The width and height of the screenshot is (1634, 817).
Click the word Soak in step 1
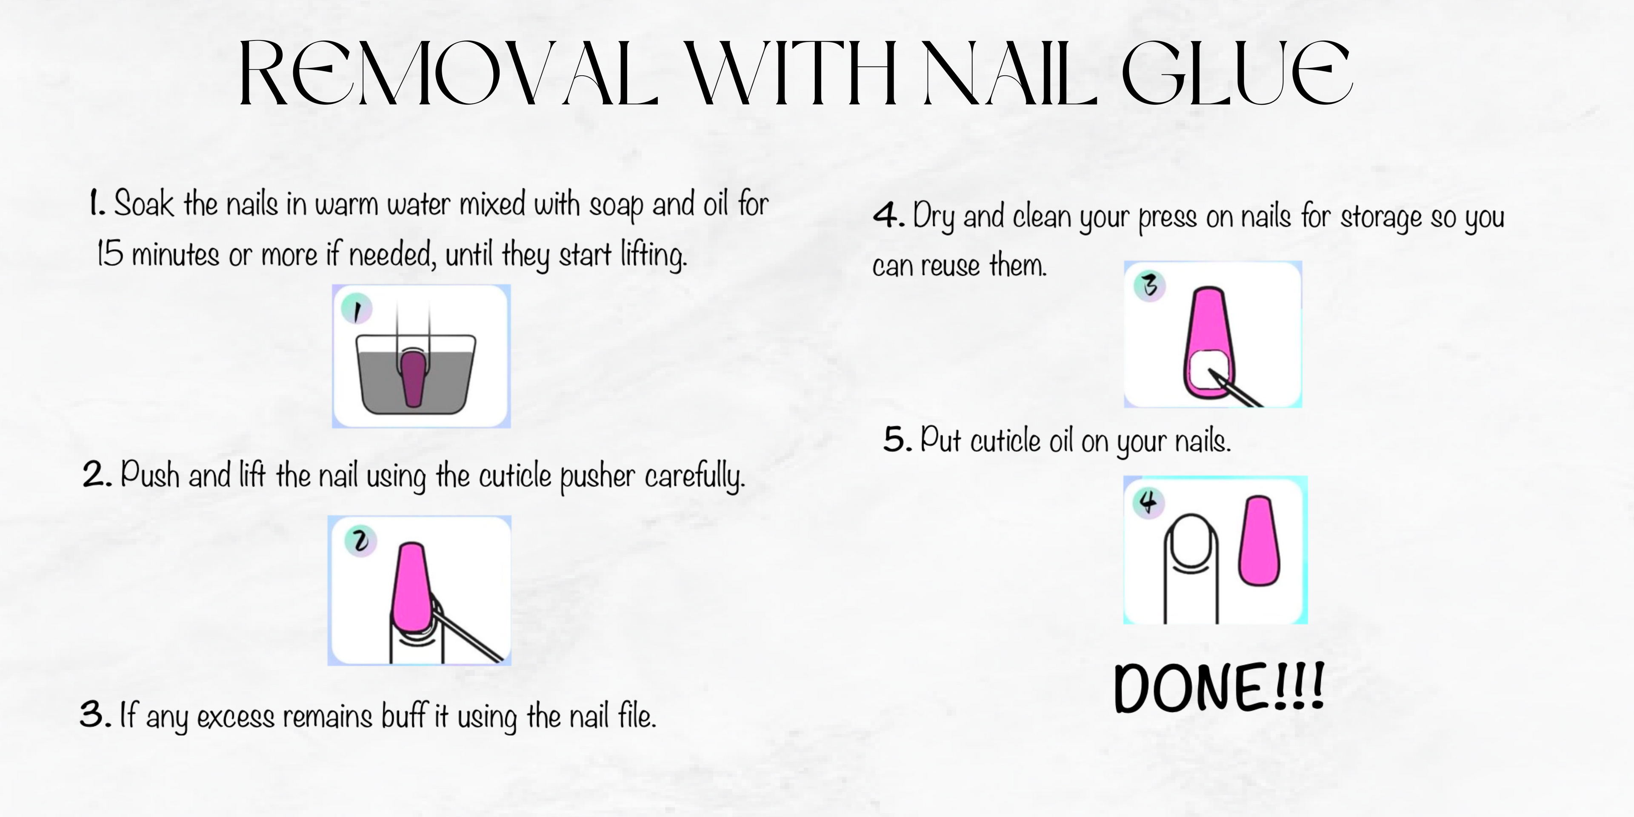pos(143,204)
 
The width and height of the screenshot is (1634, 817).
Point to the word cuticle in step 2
pos(514,477)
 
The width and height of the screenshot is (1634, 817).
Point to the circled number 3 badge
pos(1149,286)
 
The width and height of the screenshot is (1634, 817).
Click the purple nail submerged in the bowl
pos(414,378)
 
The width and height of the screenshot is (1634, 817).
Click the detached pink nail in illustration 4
pos(1259,541)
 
